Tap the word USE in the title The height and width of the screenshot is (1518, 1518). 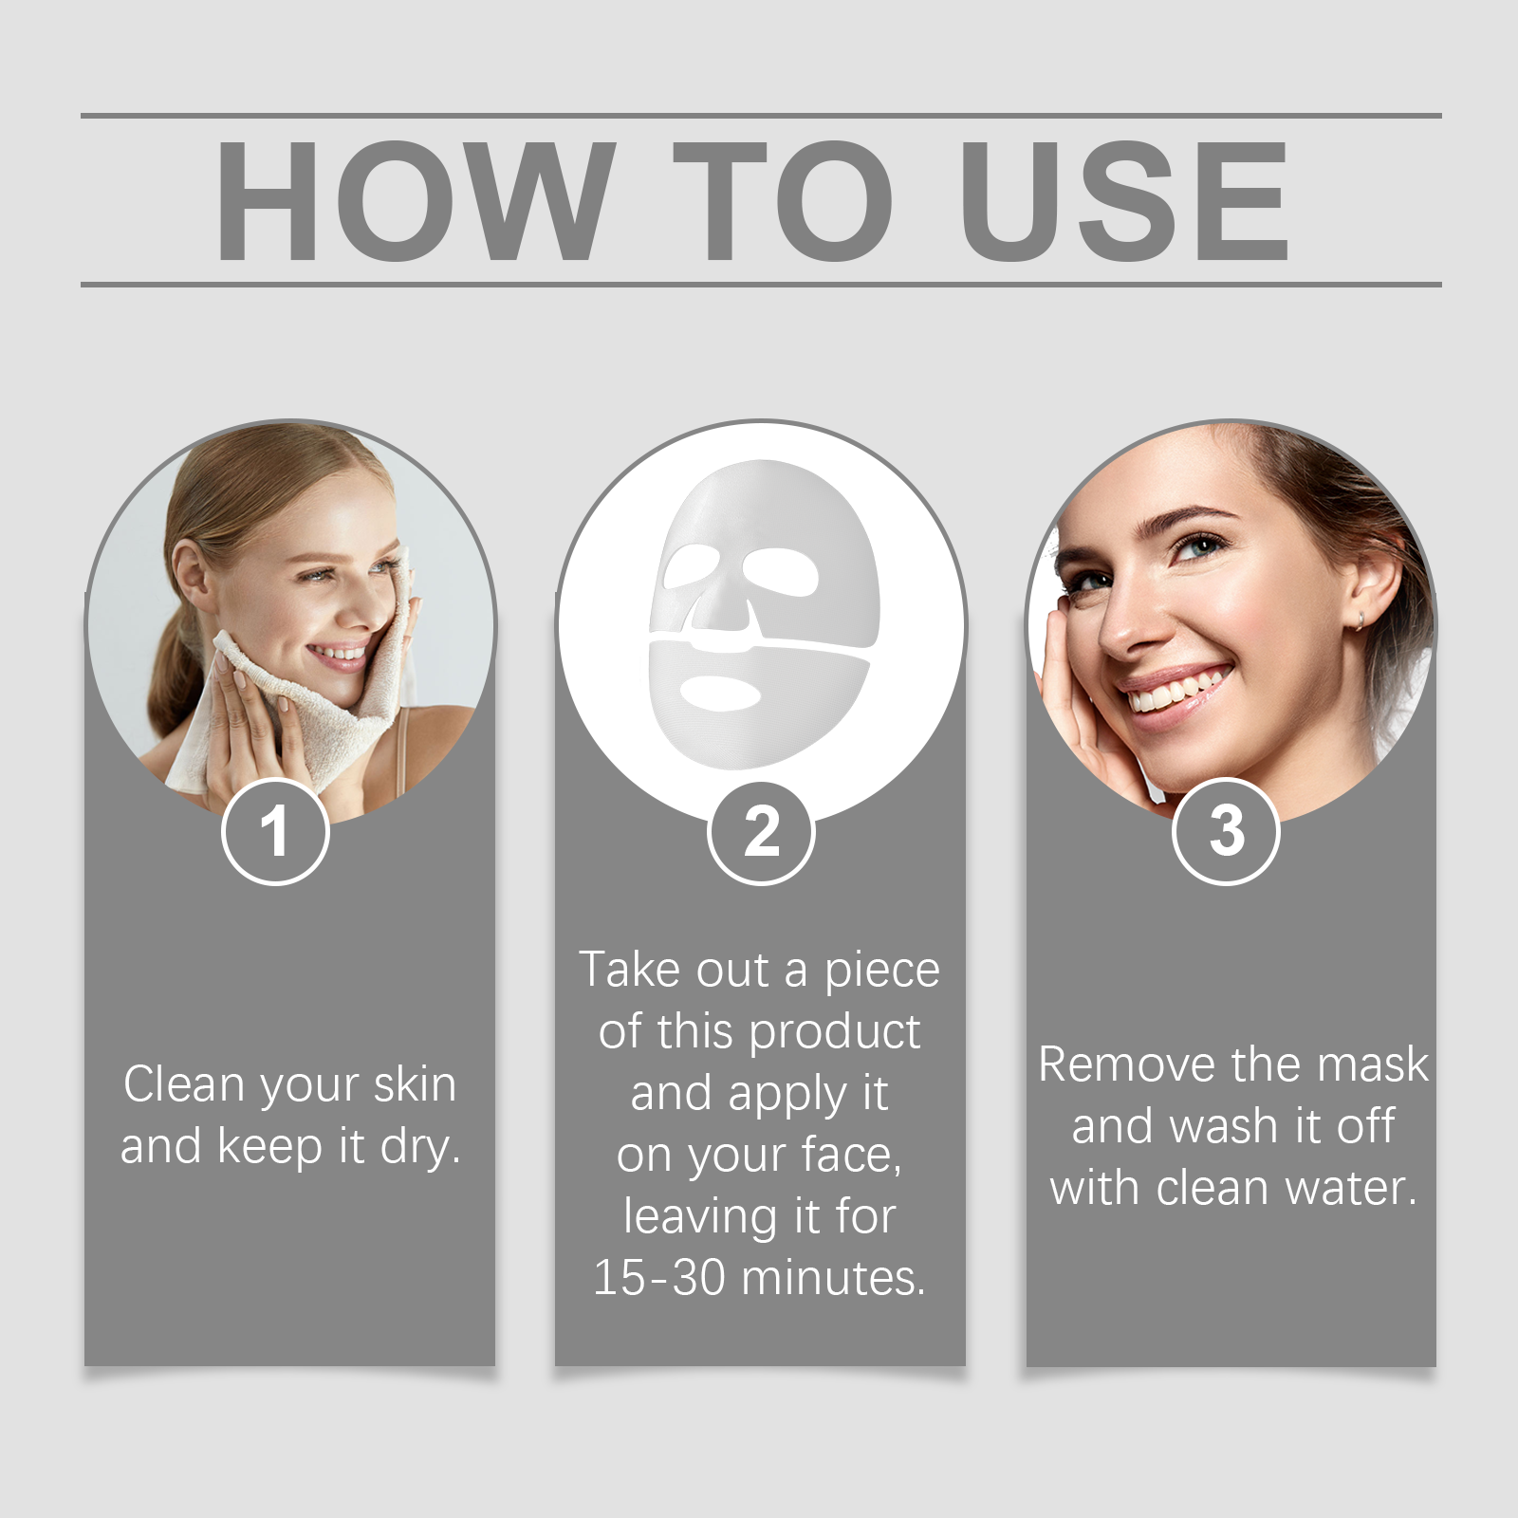[1124, 200]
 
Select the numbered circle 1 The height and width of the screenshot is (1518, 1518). [275, 831]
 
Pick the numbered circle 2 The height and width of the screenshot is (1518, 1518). [761, 831]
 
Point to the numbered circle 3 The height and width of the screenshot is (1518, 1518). [1227, 831]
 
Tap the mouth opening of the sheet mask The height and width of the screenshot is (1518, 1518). [721, 694]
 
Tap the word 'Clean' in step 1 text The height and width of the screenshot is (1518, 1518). [186, 1083]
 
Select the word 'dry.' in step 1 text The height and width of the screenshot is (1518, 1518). [420, 1146]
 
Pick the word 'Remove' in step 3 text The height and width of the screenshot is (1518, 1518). [1107, 1064]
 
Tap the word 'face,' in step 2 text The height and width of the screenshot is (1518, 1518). [851, 1156]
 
